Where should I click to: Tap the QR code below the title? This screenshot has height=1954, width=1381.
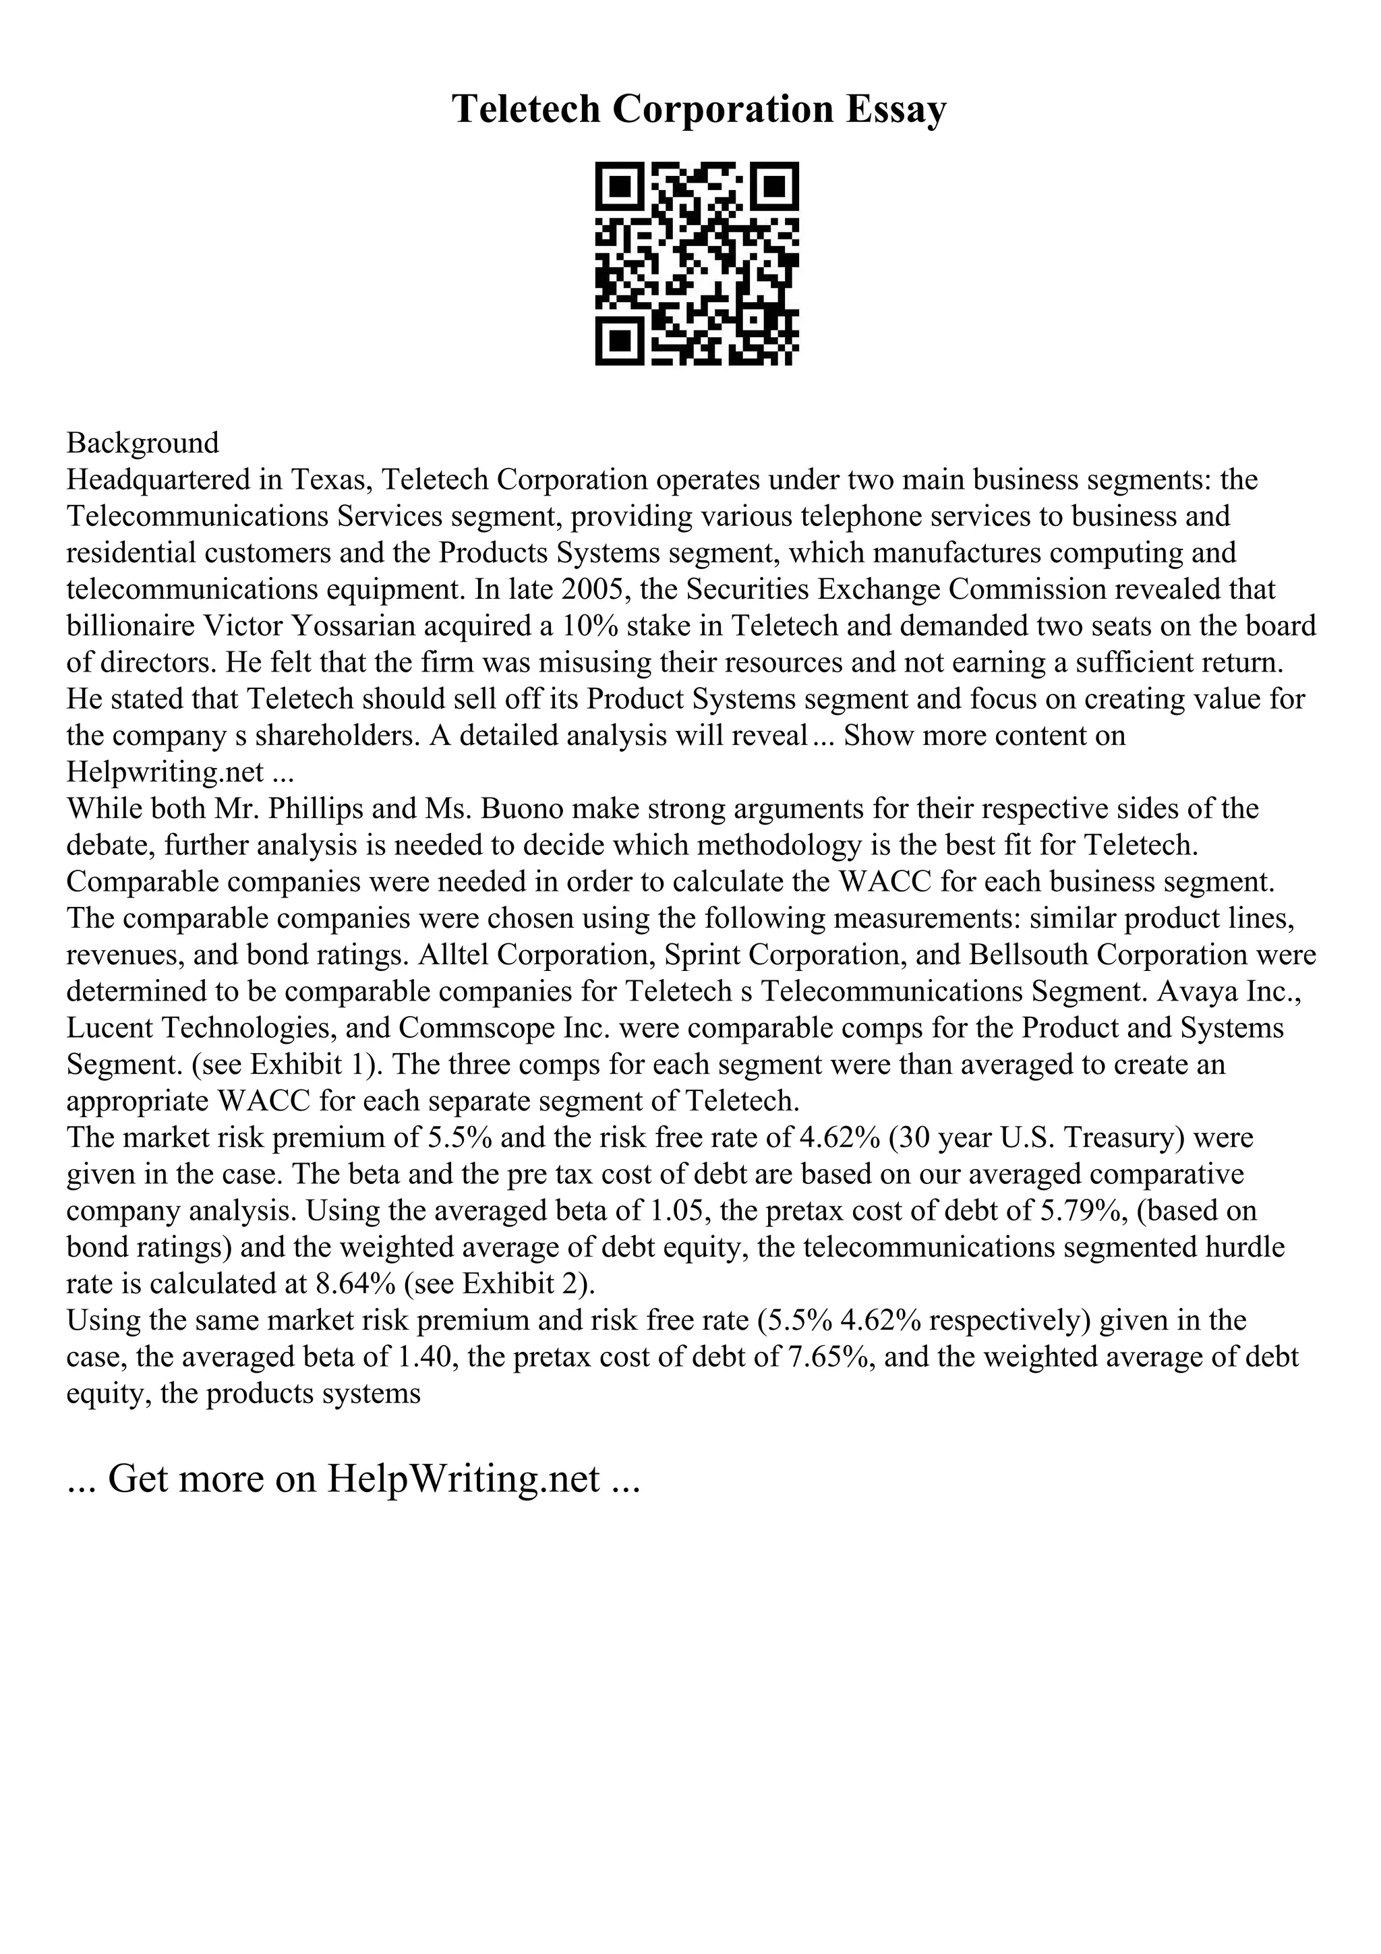697,264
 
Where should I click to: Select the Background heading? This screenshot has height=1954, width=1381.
143,444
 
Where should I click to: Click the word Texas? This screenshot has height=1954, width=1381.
330,480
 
